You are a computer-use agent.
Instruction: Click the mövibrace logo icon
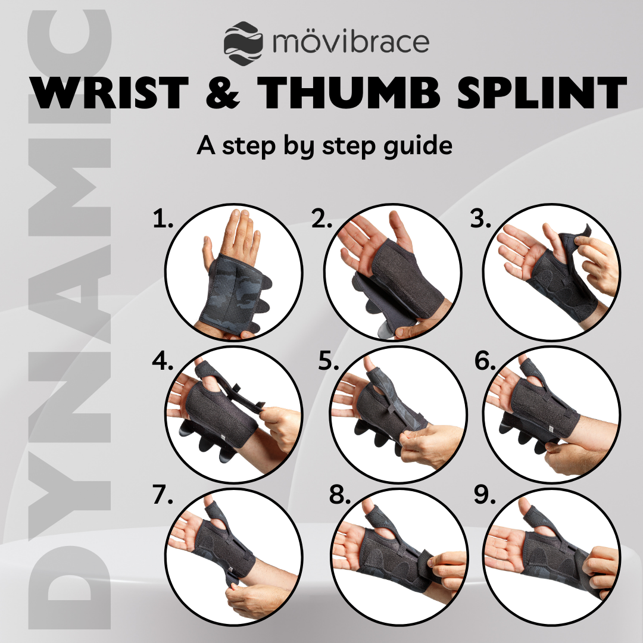[x=243, y=43]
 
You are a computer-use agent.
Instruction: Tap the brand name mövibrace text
[x=351, y=42]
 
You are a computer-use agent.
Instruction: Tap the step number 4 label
[x=163, y=361]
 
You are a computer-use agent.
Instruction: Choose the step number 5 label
[x=329, y=361]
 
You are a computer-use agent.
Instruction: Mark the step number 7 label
[x=163, y=495]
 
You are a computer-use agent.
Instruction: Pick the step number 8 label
[x=340, y=495]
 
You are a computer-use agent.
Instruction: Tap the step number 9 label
[x=485, y=495]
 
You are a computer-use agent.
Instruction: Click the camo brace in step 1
[x=232, y=293]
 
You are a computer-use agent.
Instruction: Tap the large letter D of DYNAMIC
[x=70, y=587]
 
